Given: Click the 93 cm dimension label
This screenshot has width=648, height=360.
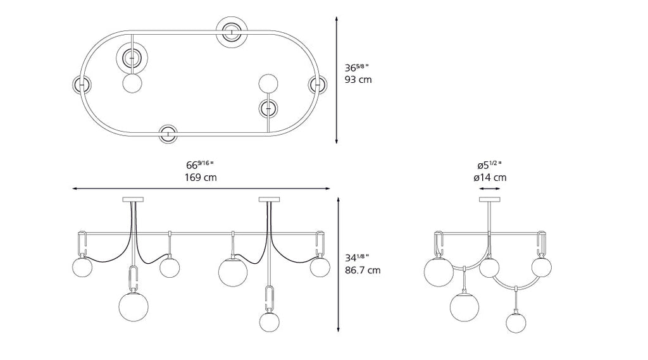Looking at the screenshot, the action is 358,79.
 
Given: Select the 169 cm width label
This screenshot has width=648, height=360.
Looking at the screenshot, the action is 201,177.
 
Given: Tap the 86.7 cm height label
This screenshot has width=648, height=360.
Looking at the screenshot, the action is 363,270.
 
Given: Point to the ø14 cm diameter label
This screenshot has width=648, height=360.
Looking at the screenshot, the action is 490,178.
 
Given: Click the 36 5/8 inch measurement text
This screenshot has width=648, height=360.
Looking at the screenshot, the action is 357,67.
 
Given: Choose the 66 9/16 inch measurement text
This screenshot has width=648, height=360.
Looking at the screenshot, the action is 199,165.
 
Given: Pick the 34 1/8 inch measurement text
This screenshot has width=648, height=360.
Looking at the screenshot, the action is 357,258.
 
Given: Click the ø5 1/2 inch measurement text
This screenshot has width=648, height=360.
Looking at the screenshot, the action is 489,165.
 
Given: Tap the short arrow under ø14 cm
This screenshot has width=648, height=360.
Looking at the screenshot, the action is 490,189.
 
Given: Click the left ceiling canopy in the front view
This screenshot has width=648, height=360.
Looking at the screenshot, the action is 133,200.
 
